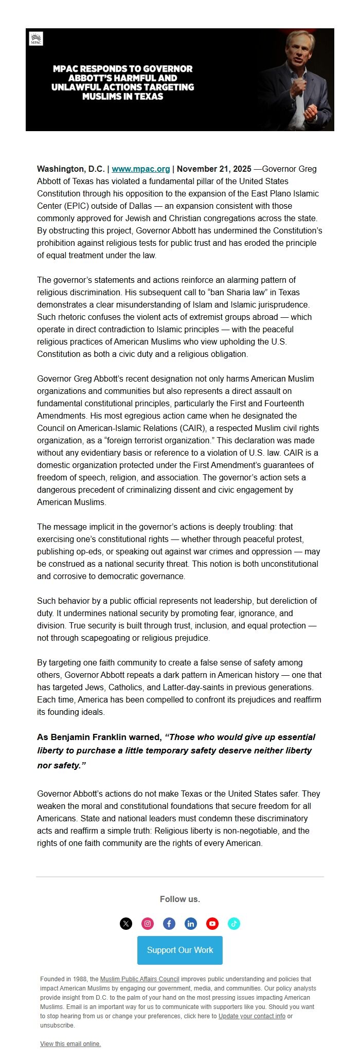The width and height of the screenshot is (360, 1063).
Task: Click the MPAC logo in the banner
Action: [x=36, y=39]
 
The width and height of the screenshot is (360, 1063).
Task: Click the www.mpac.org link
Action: [x=140, y=169]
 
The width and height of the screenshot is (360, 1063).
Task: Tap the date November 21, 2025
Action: [x=214, y=169]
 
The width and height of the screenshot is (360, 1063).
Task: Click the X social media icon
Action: [x=126, y=924]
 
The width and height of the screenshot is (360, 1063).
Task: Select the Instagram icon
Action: [x=148, y=924]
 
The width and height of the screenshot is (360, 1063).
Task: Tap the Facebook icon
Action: [x=169, y=924]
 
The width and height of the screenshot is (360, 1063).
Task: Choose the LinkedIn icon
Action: [x=191, y=924]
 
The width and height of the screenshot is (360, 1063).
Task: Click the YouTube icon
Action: [x=212, y=924]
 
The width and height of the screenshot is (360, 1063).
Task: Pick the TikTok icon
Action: [x=234, y=924]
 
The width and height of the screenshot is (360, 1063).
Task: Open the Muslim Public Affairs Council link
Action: [x=139, y=979]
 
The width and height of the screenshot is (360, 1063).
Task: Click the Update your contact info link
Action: [x=251, y=1016]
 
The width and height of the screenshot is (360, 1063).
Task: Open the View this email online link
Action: [x=70, y=1044]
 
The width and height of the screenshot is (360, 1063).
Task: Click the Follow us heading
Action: [x=180, y=899]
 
